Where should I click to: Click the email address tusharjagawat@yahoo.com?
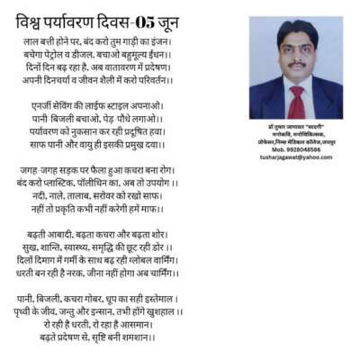[293, 157]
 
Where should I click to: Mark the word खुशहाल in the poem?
[161, 311]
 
